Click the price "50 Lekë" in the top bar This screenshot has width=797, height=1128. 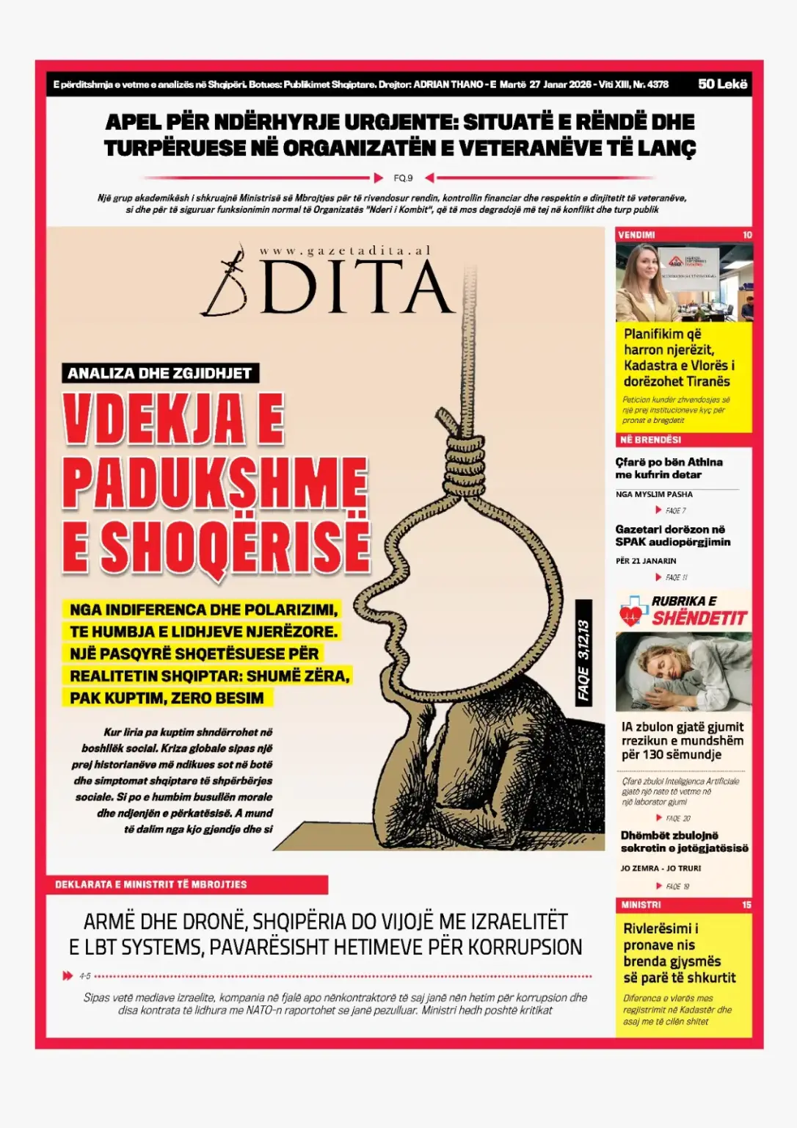point(722,84)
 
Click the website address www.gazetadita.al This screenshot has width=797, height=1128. point(344,250)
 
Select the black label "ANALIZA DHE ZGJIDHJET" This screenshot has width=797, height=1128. point(159,373)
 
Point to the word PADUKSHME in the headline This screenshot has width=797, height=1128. point(214,482)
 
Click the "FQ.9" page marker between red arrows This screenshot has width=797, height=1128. point(403,178)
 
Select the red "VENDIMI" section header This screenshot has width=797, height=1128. point(636,235)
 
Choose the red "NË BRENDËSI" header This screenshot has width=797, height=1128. point(650,440)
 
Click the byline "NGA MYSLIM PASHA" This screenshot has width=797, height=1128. point(654,494)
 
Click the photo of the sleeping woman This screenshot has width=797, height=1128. point(683,671)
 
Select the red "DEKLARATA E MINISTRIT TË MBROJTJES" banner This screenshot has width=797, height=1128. point(150,884)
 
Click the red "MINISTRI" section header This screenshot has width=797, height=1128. point(641,905)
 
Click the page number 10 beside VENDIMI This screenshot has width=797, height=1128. point(747,235)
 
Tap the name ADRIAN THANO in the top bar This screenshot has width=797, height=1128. point(448,84)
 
